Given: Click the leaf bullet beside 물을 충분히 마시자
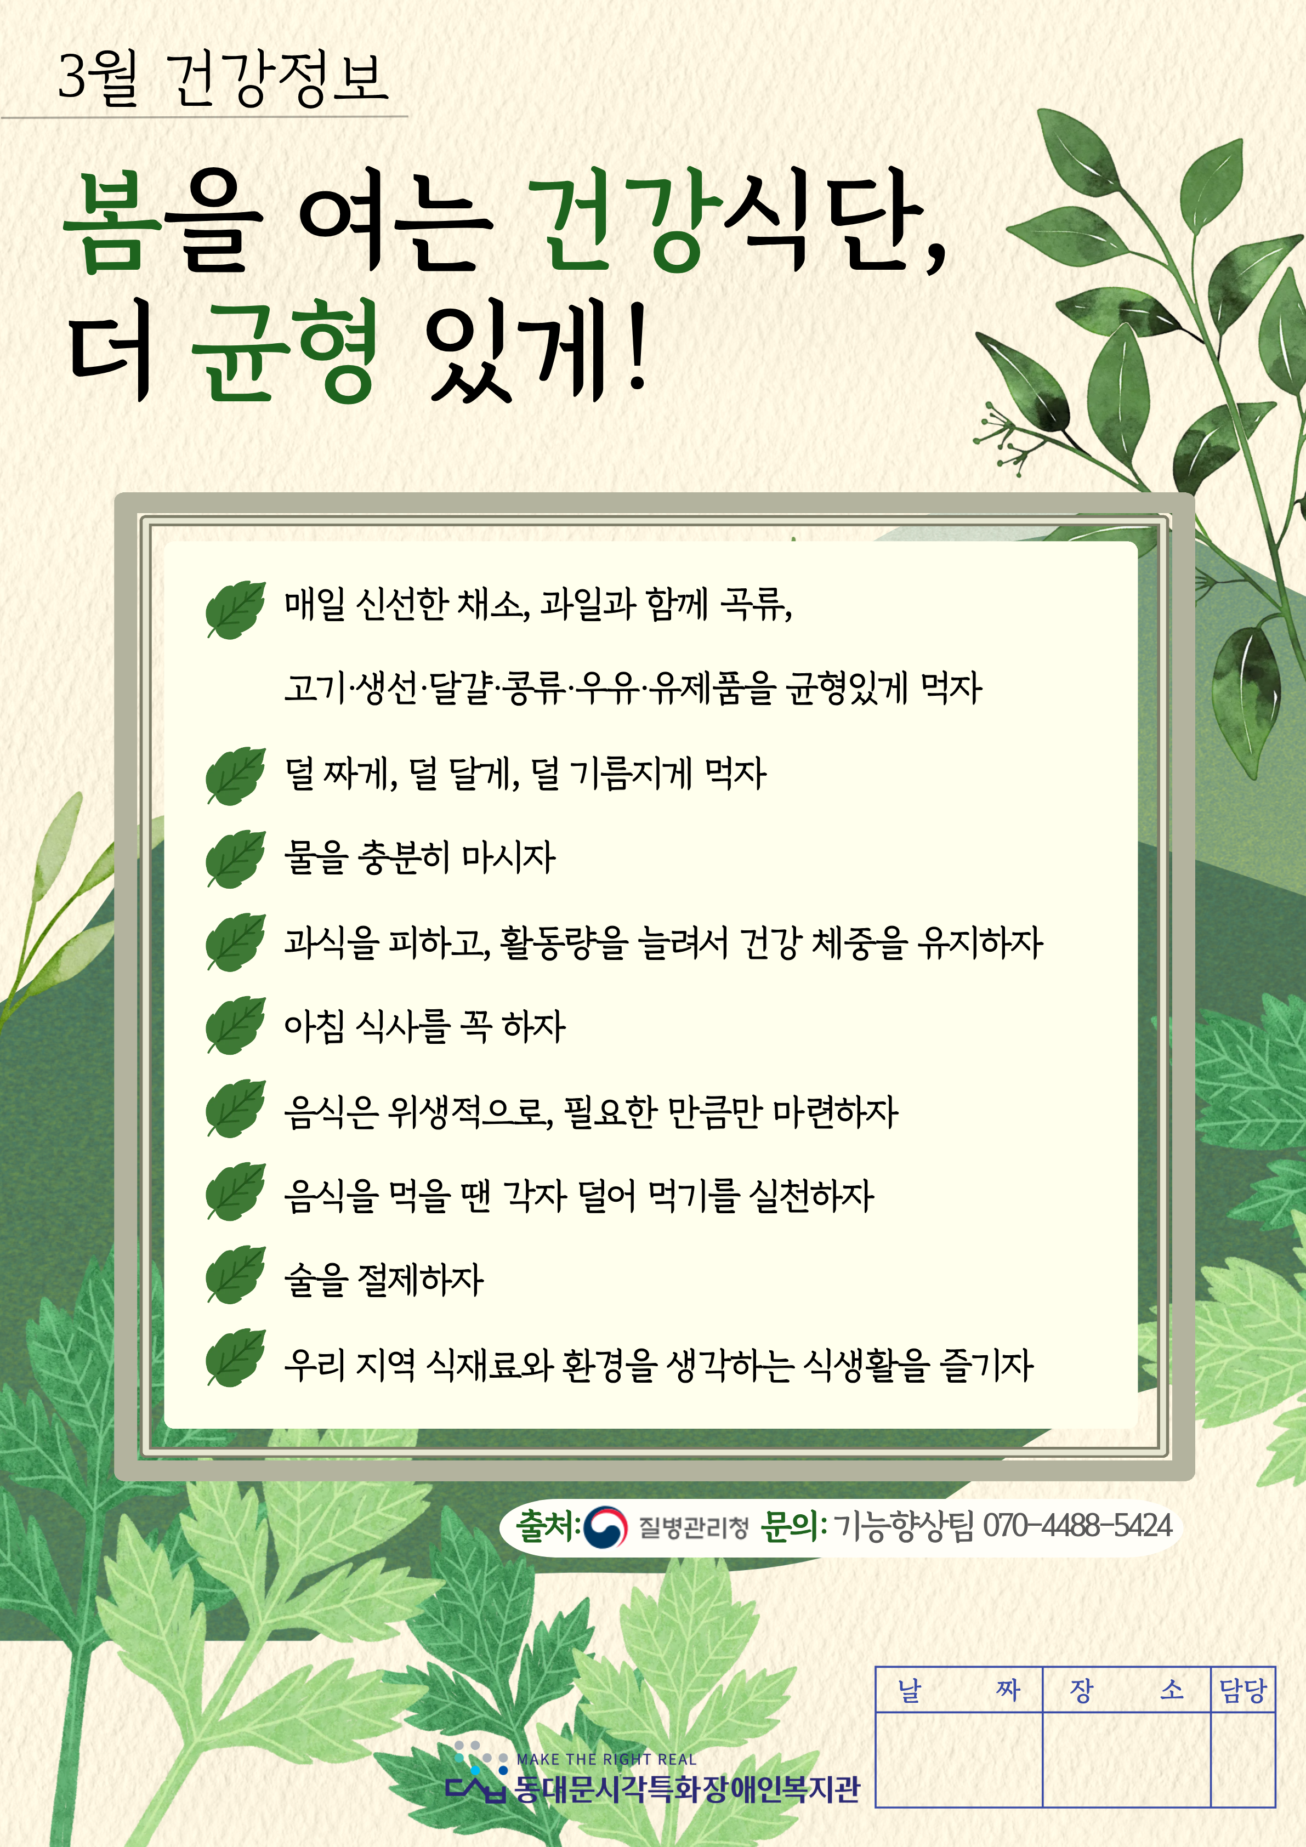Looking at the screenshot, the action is pyautogui.click(x=235, y=859).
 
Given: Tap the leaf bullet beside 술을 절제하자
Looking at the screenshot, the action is pyautogui.click(x=235, y=1274).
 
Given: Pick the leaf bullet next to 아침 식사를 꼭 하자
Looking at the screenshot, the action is pyautogui.click(x=235, y=1025).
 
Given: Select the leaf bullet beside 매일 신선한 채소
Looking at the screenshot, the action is pyautogui.click(x=235, y=609).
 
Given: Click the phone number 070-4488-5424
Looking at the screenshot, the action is pyautogui.click(x=1077, y=1525).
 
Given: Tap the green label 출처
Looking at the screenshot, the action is pyautogui.click(x=546, y=1525).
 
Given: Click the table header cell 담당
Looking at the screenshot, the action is pyautogui.click(x=1243, y=1690).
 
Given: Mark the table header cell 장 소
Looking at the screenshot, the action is pyautogui.click(x=1127, y=1690).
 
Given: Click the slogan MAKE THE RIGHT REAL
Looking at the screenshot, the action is pyautogui.click(x=606, y=1759).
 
